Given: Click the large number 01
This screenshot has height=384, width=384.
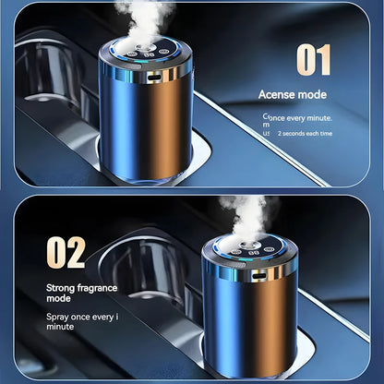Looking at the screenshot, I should [x=314, y=59].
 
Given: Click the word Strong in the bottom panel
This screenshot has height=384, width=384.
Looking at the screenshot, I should [x=65, y=288].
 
